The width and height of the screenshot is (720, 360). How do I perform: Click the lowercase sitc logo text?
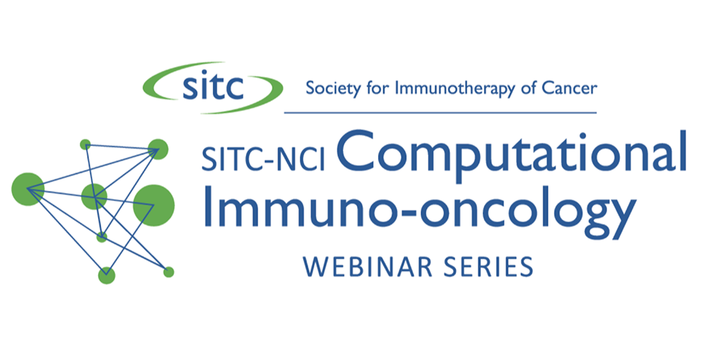[213, 85]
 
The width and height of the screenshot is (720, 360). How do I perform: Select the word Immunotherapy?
[455, 89]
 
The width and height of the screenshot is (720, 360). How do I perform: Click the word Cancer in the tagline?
[569, 88]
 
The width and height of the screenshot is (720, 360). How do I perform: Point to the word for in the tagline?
[377, 88]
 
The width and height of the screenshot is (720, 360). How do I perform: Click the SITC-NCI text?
[263, 158]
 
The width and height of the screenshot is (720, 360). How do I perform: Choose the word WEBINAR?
[367, 267]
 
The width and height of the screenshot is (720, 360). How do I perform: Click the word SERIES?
[488, 267]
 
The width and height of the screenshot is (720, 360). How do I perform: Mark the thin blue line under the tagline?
[440, 113]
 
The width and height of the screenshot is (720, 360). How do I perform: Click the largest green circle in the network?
[154, 205]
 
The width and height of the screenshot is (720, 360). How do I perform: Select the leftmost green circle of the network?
[28, 189]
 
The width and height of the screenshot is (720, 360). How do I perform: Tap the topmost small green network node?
[85, 145]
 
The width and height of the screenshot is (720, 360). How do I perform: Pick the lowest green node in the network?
[107, 275]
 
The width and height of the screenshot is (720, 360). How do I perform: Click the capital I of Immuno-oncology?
[208, 206]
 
